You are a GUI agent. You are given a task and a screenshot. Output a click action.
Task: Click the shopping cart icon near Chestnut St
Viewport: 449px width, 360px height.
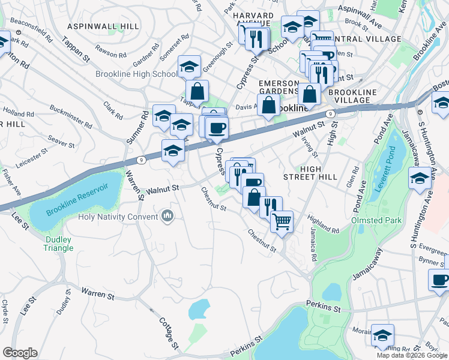tap(282, 221)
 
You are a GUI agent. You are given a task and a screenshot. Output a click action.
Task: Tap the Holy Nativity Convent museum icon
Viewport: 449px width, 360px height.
tap(167, 215)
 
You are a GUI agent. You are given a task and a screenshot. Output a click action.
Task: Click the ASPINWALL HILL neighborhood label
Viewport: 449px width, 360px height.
tap(103, 26)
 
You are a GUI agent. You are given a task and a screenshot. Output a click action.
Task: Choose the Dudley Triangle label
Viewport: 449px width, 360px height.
tap(58, 243)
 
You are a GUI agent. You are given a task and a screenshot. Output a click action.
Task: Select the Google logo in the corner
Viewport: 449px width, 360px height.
tap(20, 353)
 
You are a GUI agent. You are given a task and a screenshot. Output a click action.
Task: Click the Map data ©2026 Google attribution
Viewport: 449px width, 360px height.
tap(412, 355)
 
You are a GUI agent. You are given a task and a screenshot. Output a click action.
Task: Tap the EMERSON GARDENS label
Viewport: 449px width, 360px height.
tap(279, 87)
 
